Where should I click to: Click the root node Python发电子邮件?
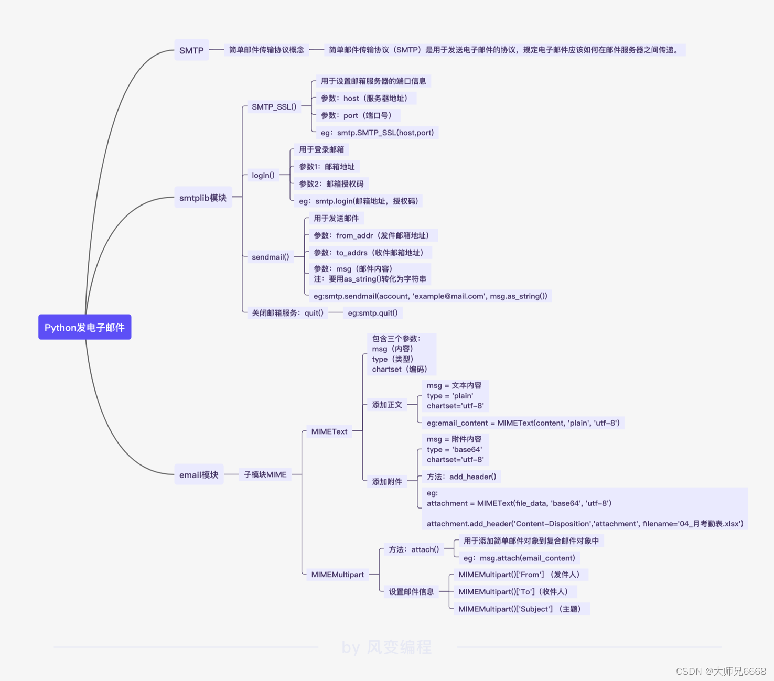[x=84, y=327]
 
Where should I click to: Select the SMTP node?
[x=191, y=50]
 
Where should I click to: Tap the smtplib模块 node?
[x=203, y=198]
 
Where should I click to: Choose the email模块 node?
[x=199, y=474]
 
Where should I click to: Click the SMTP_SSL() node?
[x=274, y=106]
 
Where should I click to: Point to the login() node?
[x=263, y=175]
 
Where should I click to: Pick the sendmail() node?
[x=271, y=257]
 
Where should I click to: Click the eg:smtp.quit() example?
[x=373, y=313]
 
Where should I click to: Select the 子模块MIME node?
[x=265, y=474]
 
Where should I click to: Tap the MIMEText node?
[x=329, y=431]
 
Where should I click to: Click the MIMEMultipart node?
[x=337, y=575]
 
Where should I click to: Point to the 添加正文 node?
[x=387, y=405]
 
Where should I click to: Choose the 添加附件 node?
[x=387, y=481]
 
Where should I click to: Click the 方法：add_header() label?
[x=461, y=477]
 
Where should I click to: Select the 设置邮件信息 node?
[x=411, y=592]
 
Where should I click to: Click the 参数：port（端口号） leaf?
[x=357, y=115]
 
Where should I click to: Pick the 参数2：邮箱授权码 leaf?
[x=331, y=184]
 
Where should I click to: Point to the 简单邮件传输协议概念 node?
[x=266, y=50]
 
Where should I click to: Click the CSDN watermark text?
[x=721, y=671]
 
